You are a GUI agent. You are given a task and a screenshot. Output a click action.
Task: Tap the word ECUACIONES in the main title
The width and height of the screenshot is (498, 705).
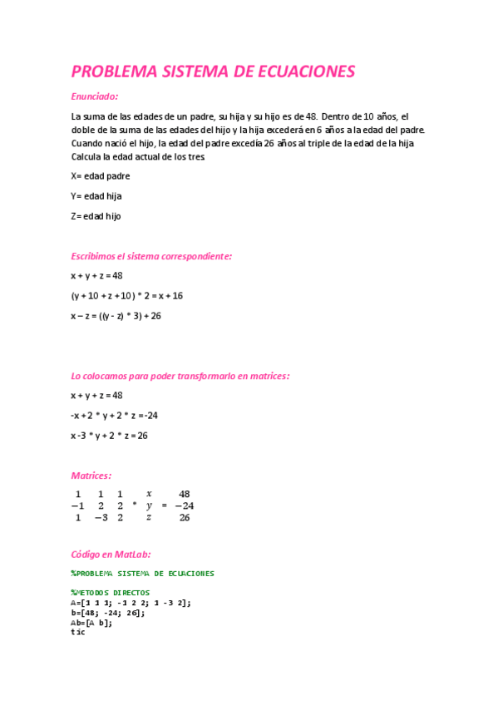(305, 71)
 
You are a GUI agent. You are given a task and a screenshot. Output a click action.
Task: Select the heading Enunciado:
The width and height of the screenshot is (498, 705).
(95, 96)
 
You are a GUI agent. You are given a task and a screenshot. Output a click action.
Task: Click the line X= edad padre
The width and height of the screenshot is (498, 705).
(101, 176)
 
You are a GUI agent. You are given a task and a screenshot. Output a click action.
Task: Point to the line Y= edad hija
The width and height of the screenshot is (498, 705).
(96, 196)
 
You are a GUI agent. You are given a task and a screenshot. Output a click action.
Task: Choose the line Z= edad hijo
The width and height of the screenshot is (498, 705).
(96, 216)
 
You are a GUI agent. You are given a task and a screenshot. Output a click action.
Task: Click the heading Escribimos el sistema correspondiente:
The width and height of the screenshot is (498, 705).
(151, 256)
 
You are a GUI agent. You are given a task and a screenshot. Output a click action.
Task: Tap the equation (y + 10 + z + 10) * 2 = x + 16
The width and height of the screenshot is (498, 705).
(126, 295)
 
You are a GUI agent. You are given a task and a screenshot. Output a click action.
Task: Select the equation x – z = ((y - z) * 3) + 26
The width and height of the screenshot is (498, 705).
(116, 316)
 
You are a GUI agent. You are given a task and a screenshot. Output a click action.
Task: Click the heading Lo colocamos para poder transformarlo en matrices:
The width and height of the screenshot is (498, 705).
(180, 376)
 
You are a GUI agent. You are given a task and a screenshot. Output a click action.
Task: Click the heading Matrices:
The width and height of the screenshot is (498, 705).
(91, 476)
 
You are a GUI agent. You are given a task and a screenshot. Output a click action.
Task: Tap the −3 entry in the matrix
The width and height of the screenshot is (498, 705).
(101, 517)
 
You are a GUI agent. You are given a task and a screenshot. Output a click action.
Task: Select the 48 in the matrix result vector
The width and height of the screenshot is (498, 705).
(185, 493)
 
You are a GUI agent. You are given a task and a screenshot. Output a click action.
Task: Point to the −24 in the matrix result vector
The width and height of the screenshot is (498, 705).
(184, 505)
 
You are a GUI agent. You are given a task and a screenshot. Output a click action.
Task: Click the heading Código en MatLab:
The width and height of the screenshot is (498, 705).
(111, 554)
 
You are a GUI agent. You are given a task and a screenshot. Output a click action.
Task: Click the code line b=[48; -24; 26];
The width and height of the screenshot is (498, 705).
(108, 613)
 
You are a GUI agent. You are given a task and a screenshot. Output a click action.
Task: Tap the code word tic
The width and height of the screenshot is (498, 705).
(78, 632)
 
